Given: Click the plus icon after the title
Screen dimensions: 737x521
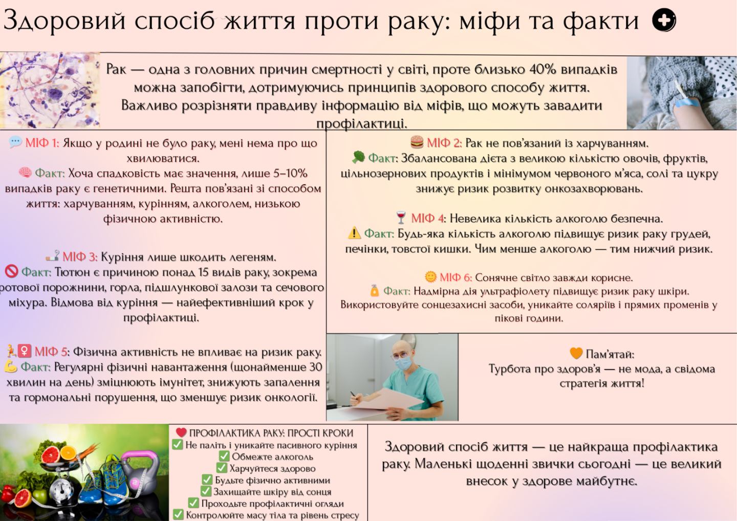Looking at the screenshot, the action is (x=664, y=20).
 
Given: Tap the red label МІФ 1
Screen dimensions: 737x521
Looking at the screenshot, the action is (x=42, y=143).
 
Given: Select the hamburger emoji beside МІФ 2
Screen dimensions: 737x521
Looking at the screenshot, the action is (x=417, y=143).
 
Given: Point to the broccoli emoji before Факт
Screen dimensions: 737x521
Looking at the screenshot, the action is (x=358, y=158).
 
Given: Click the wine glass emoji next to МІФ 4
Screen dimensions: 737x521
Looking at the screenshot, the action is (x=401, y=218).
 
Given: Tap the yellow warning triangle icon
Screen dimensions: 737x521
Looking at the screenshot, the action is (x=354, y=233).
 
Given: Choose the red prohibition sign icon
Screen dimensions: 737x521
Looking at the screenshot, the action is (x=11, y=272).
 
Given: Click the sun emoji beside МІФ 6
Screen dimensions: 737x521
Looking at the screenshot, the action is (x=430, y=277).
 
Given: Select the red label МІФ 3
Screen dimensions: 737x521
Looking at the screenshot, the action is (x=80, y=257).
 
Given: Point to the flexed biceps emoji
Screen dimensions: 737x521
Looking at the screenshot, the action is (x=11, y=367).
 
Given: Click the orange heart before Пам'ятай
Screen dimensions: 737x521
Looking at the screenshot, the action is (x=576, y=354).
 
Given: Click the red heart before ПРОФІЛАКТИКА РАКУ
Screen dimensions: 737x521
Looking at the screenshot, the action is (x=181, y=432).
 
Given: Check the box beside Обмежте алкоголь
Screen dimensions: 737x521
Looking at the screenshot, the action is (x=224, y=456).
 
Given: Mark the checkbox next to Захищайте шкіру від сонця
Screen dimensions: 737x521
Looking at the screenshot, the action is (x=206, y=491).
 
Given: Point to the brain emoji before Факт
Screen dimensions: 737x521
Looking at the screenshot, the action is (x=25, y=172).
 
